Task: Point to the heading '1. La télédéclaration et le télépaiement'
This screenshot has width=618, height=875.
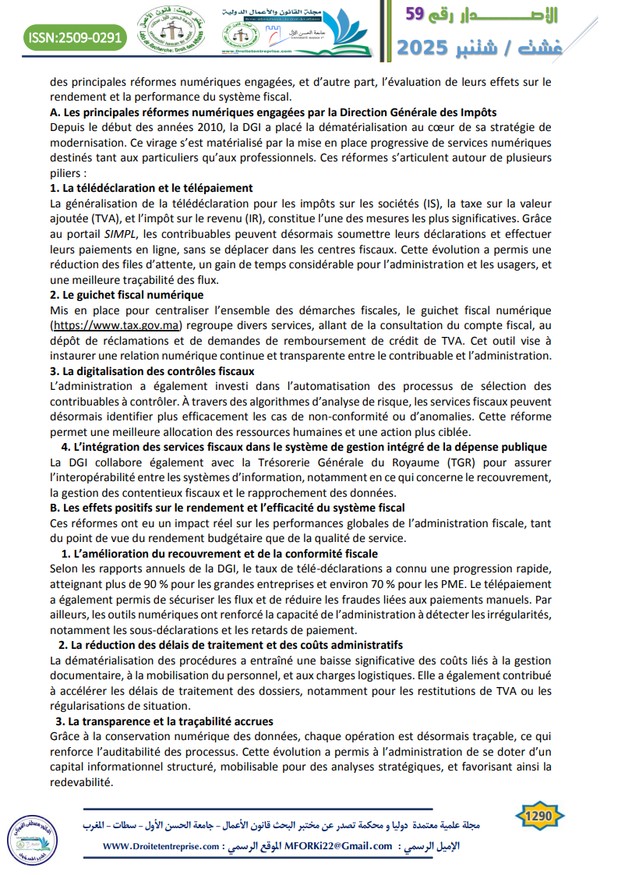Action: tap(151, 188)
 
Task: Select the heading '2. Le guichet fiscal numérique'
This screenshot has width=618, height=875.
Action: tap(126, 295)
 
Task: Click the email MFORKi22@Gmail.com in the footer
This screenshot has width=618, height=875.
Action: tap(338, 846)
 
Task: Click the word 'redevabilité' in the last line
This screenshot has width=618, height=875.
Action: tap(81, 782)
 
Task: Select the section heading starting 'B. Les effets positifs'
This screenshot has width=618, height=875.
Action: tap(227, 508)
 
